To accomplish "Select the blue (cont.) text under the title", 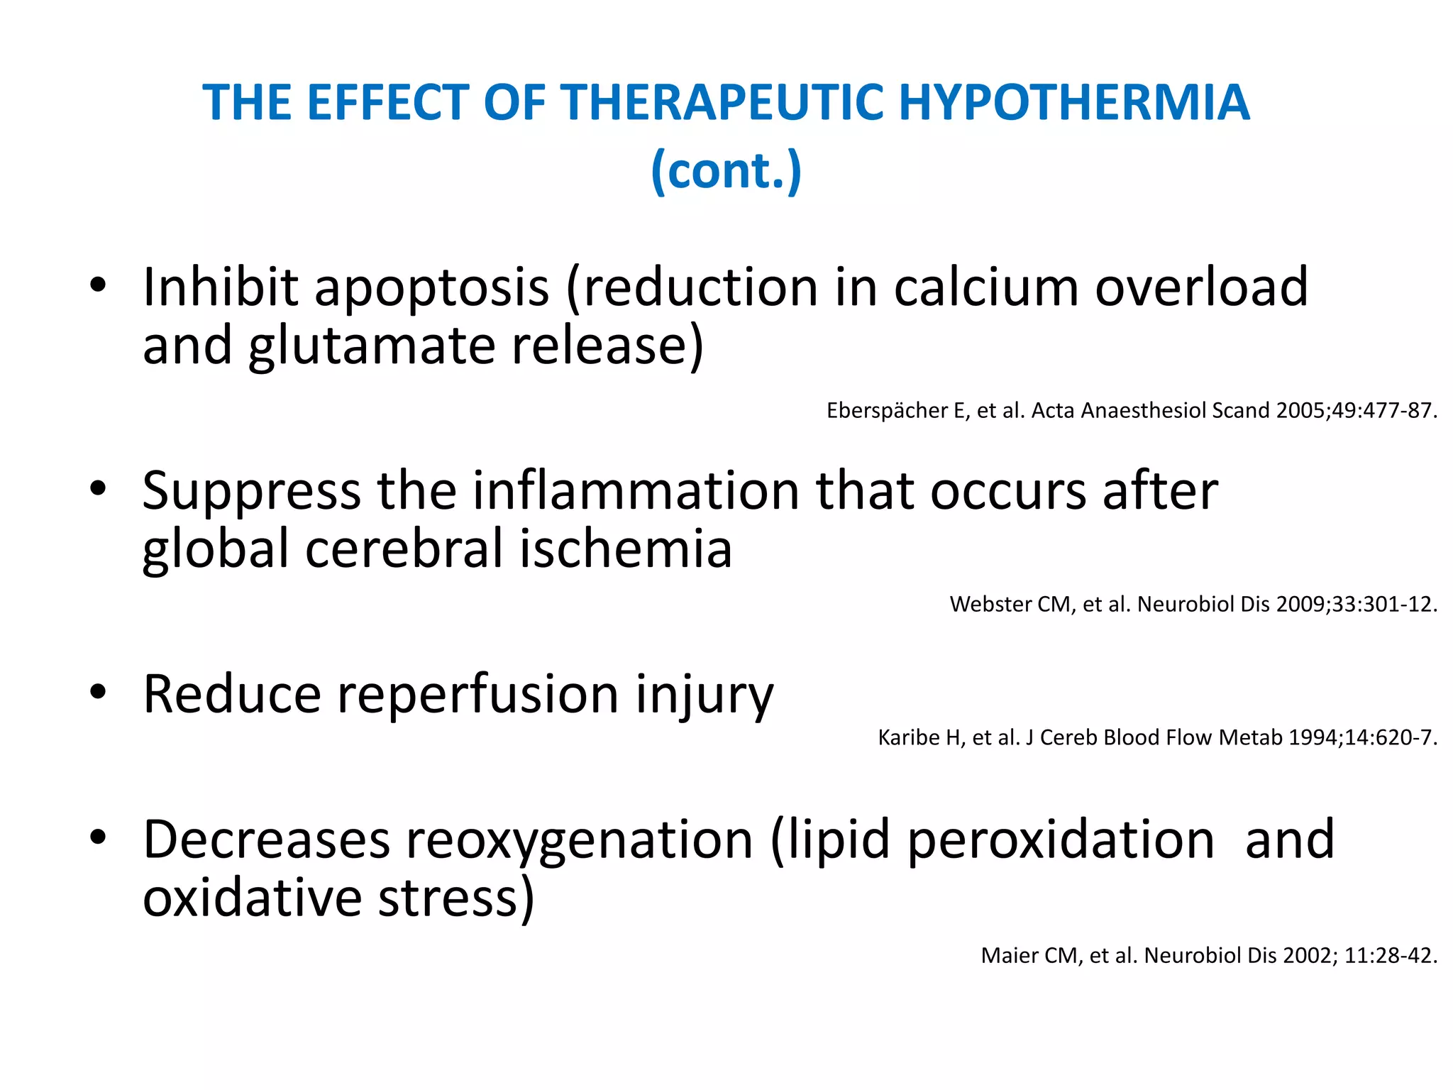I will [x=726, y=170].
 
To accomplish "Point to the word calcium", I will [x=986, y=287].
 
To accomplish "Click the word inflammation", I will [x=636, y=491].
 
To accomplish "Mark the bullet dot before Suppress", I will [x=98, y=489].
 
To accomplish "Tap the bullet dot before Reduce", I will [x=98, y=692].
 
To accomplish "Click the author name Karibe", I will [x=912, y=738].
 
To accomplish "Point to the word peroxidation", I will [x=1061, y=840].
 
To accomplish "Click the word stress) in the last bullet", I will [x=455, y=898].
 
